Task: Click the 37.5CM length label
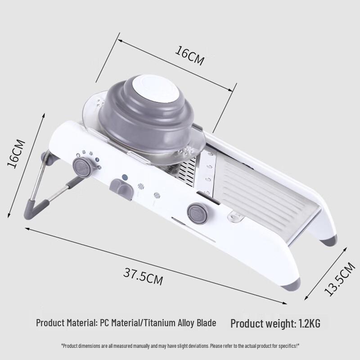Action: (143, 276)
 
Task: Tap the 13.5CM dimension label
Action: (340, 279)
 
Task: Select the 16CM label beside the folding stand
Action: (16, 153)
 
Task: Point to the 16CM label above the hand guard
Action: (189, 56)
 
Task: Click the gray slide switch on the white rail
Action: (121, 188)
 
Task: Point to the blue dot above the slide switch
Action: (125, 177)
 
